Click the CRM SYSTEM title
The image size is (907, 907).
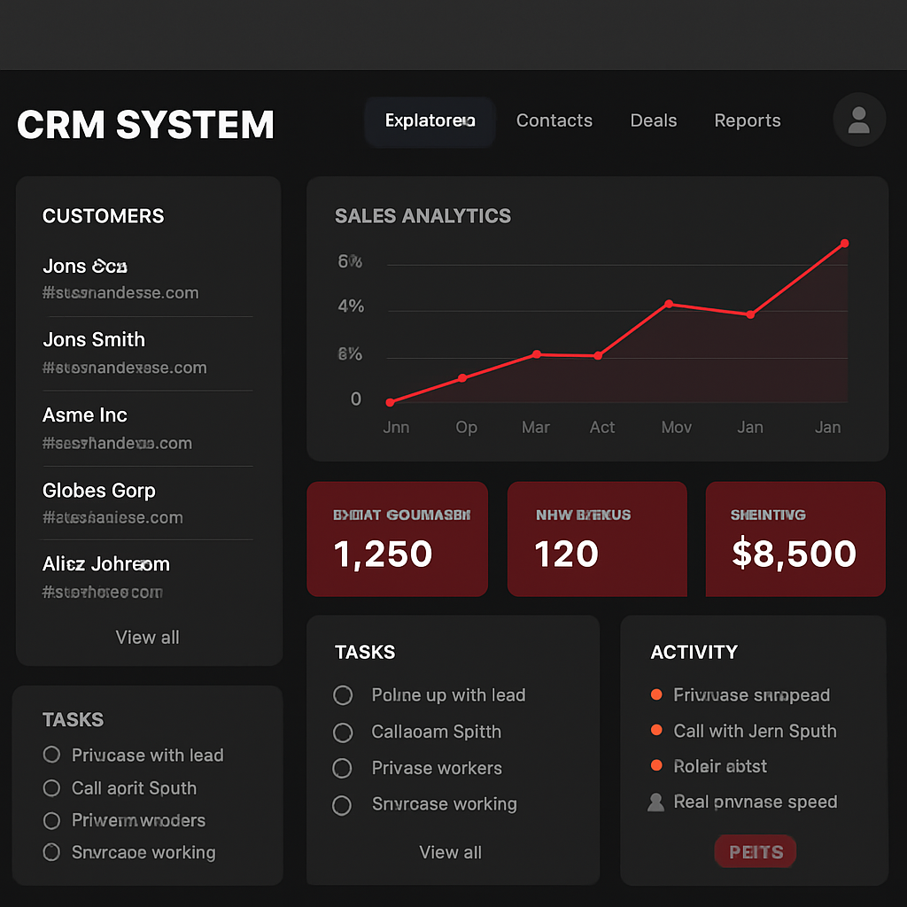(145, 124)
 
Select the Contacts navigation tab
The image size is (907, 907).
(554, 120)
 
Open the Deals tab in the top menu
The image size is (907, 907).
(653, 120)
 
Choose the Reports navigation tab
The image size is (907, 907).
(747, 120)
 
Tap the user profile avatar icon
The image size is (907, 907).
(858, 120)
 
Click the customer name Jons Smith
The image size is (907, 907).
(94, 339)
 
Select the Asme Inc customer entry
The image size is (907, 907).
(85, 415)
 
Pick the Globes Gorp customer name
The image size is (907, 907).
(98, 490)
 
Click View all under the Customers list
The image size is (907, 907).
(147, 637)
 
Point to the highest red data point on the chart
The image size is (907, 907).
(844, 243)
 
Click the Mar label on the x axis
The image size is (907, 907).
(535, 427)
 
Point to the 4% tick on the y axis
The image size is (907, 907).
(351, 306)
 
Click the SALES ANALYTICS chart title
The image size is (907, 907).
(422, 215)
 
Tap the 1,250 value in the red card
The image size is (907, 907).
(383, 554)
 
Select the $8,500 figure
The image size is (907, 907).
(794, 554)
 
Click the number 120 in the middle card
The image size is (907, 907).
(566, 554)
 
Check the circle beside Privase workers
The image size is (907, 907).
(342, 769)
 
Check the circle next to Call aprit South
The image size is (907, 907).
(51, 787)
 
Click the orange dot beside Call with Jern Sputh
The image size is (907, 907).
(656, 730)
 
